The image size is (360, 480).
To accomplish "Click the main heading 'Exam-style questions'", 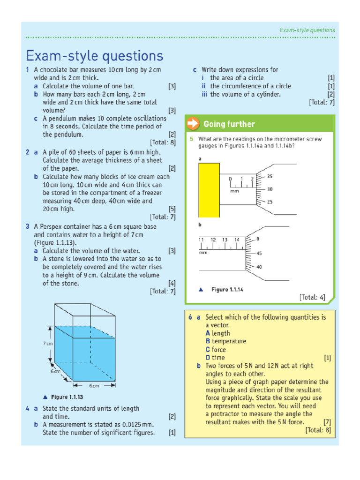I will [94, 56].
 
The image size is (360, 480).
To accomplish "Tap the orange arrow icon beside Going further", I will [193, 124].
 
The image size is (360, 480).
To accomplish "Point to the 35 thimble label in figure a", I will [270, 177].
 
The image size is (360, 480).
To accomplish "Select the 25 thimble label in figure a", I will [270, 202].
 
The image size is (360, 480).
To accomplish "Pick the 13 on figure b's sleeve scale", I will [225, 240].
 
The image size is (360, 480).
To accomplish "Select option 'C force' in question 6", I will [216, 350].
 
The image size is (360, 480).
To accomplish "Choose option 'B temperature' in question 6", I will [225, 341].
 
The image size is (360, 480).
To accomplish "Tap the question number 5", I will [191, 139].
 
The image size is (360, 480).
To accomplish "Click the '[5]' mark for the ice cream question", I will [172, 209].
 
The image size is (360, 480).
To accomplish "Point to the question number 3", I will [28, 226].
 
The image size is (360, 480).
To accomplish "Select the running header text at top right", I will [307, 30].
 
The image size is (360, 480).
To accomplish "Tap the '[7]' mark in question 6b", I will [327, 422].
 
